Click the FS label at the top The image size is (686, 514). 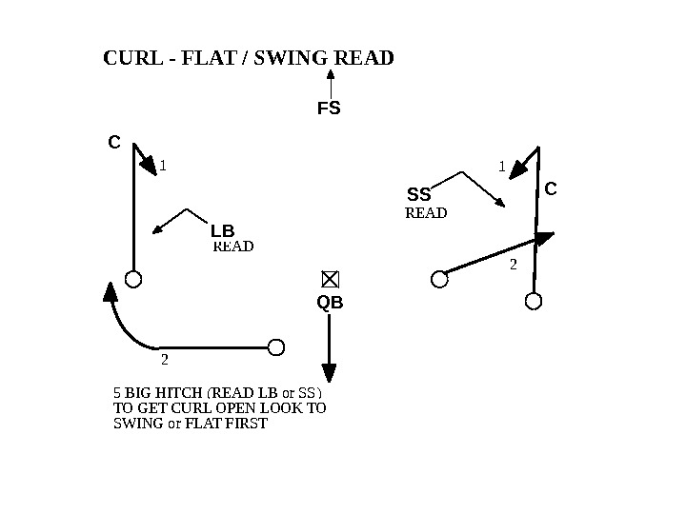point(329,109)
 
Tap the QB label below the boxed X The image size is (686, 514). point(330,303)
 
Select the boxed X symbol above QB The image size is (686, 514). point(330,279)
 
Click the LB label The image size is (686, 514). point(222,231)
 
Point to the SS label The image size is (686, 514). point(419,196)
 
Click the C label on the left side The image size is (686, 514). point(113,143)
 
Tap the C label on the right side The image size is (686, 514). point(550,189)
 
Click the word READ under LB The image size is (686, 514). point(233,247)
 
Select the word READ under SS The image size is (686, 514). point(426,213)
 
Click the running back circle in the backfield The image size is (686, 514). point(276,346)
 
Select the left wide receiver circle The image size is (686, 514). point(133,279)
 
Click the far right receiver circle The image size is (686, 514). point(534,301)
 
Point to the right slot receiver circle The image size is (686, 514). point(438,279)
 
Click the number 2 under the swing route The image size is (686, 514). point(164,360)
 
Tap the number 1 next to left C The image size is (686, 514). point(163,165)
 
